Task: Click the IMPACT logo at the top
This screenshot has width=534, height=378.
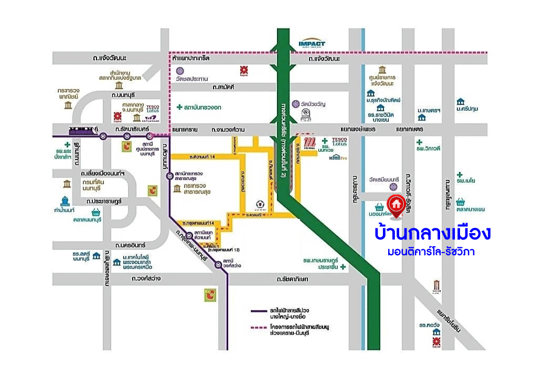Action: pyautogui.click(x=312, y=44)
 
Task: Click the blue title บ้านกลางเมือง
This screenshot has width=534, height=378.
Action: pyautogui.click(x=432, y=233)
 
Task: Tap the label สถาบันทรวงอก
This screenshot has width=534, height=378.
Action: pyautogui.click(x=202, y=107)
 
